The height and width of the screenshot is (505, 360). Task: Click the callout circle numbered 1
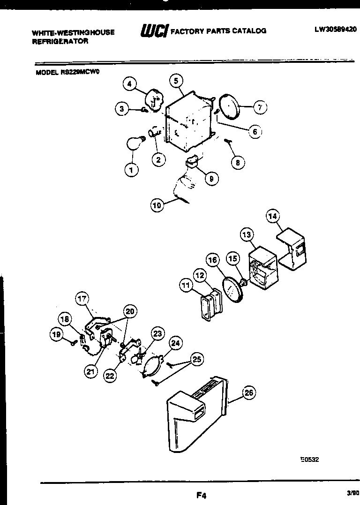click(132, 169)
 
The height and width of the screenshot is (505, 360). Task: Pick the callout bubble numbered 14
click(273, 216)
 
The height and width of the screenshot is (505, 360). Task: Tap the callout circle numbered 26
click(249, 393)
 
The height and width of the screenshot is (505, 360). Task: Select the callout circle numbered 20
click(130, 310)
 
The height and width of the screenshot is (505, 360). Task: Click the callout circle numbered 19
click(57, 334)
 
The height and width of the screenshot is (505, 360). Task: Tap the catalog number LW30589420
click(335, 29)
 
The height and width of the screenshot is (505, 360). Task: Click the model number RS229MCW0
click(68, 72)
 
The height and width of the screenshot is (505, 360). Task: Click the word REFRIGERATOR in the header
click(60, 41)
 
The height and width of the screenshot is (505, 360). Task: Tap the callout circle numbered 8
click(238, 163)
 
